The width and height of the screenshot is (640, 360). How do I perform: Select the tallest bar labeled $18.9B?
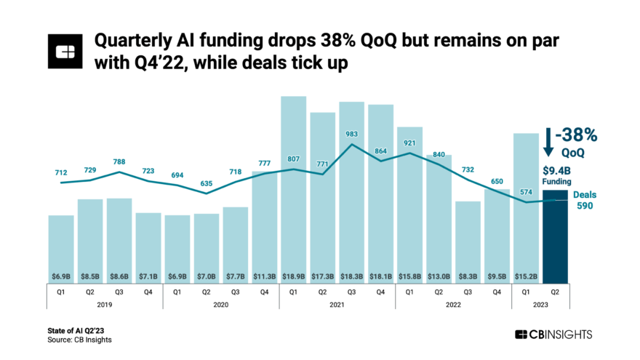[x=293, y=189]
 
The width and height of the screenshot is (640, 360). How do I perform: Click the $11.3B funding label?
[x=264, y=276]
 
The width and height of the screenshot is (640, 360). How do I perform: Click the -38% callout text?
[x=575, y=135]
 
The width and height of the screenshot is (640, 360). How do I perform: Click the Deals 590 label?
[x=585, y=200]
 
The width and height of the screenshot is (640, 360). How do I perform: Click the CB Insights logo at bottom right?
[x=553, y=334]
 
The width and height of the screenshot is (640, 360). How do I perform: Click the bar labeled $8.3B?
[x=468, y=240]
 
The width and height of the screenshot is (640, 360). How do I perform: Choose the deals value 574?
[x=526, y=191]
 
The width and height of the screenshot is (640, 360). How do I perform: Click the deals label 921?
[x=409, y=143]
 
